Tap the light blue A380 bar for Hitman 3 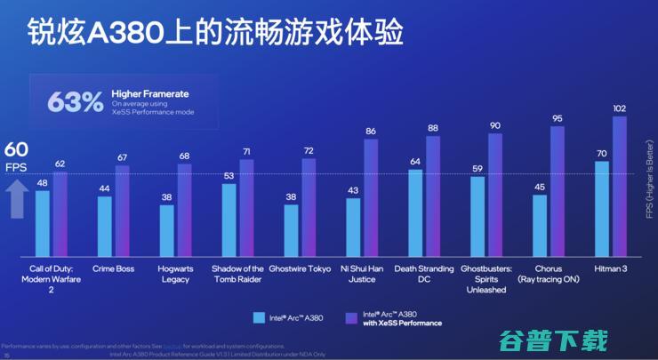[x=602, y=209]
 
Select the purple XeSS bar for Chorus [x=558, y=191]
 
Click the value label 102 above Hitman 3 [x=620, y=108]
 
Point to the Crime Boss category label [x=113, y=268]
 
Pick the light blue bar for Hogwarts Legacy [x=166, y=231]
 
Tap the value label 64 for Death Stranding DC [x=415, y=162]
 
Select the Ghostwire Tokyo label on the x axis [x=300, y=268]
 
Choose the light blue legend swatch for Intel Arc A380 [x=259, y=316]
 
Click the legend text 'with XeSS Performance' [x=402, y=323]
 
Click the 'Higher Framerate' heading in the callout [x=150, y=93]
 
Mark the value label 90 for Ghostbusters [x=495, y=125]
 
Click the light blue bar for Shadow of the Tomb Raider [x=229, y=220]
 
